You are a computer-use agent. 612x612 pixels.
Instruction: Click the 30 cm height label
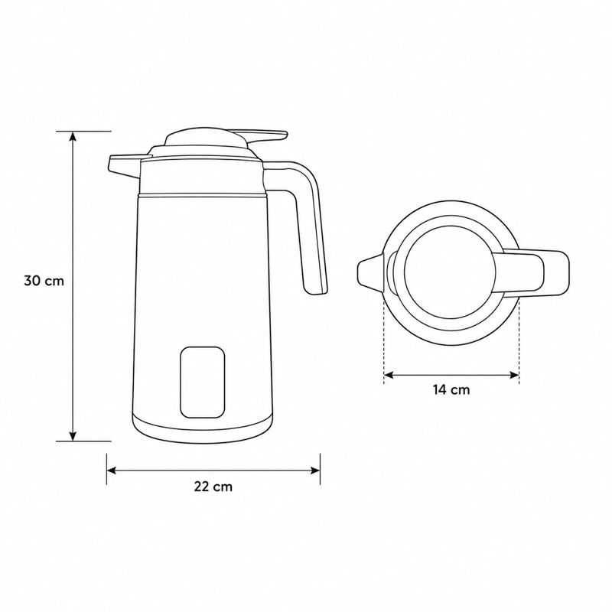pyautogui.click(x=44, y=281)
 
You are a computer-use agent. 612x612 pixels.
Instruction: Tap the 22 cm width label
pyautogui.click(x=213, y=487)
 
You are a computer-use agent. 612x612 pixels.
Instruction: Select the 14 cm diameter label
pyautogui.click(x=451, y=389)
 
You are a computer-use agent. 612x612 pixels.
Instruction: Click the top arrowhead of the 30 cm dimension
pyautogui.click(x=73, y=136)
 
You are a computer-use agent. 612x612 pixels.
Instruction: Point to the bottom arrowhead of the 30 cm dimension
pyautogui.click(x=73, y=436)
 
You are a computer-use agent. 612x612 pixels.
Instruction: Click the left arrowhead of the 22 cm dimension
pyautogui.click(x=112, y=470)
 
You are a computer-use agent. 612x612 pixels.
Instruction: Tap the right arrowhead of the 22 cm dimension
pyautogui.click(x=315, y=470)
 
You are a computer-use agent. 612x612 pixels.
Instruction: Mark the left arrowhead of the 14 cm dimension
pyautogui.click(x=389, y=375)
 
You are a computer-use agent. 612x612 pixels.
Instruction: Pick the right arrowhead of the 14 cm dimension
pyautogui.click(x=514, y=375)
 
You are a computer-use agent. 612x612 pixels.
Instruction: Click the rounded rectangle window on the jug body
pyautogui.click(x=203, y=382)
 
